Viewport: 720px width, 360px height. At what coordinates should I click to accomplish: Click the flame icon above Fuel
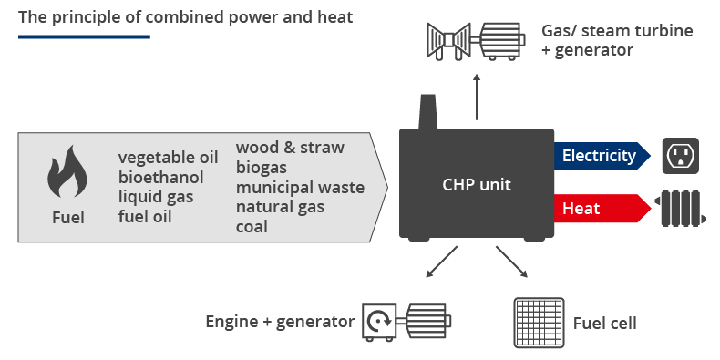click(67, 172)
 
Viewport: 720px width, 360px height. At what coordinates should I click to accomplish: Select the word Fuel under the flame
click(67, 218)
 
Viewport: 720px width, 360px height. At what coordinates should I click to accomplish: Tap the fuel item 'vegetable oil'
click(161, 156)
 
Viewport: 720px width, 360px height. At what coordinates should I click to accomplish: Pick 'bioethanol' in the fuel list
click(156, 176)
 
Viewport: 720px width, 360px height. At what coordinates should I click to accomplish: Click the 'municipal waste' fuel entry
click(300, 187)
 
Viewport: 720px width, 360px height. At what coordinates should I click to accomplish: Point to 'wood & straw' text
click(290, 147)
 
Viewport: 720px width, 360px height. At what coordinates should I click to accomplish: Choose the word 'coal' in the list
click(252, 227)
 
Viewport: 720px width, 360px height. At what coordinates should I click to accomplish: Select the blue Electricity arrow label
click(599, 156)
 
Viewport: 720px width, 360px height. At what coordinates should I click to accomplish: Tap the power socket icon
click(679, 155)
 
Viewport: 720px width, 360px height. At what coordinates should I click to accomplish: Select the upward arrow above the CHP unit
click(476, 99)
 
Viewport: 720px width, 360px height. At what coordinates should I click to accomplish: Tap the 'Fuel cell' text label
click(604, 324)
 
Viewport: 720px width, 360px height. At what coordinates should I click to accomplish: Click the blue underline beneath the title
click(84, 36)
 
